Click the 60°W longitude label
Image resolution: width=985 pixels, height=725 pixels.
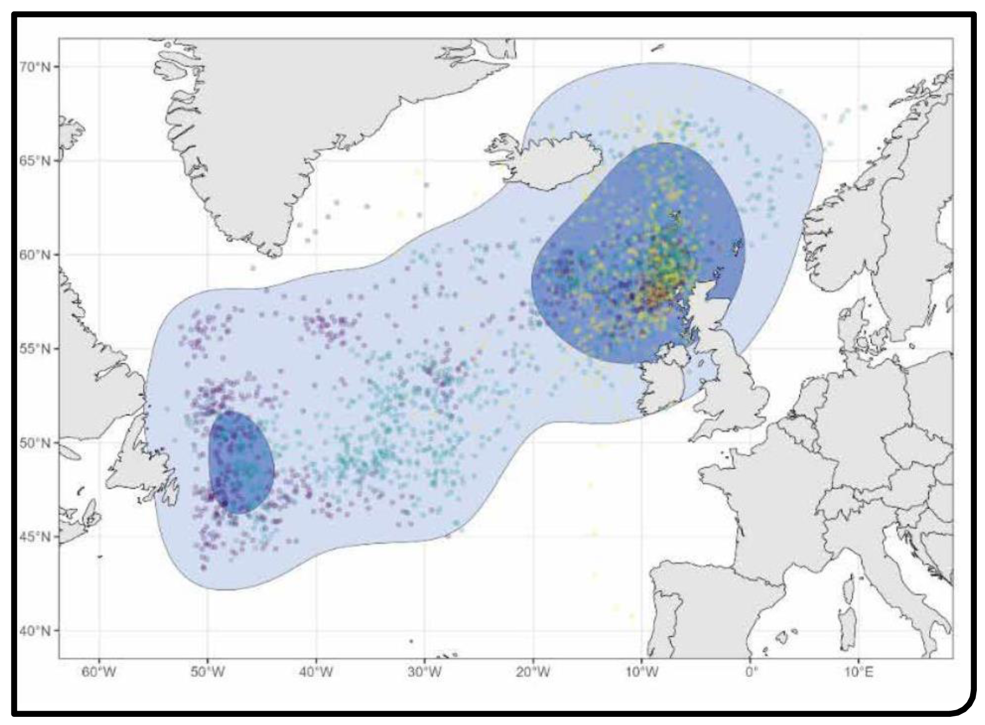(x=99, y=673)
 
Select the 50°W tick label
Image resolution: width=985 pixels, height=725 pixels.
(x=208, y=673)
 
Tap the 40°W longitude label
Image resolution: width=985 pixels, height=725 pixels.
(x=316, y=673)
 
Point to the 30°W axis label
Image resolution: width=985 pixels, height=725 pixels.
(x=424, y=673)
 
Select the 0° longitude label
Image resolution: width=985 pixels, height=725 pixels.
(x=750, y=673)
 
